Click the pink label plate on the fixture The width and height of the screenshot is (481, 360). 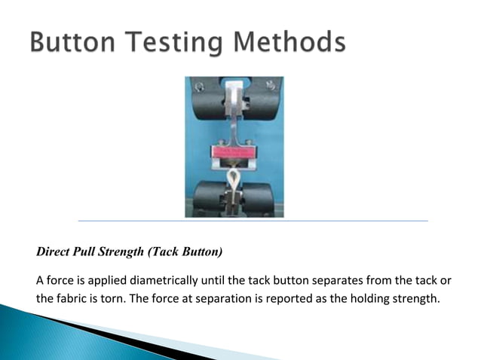tap(235, 152)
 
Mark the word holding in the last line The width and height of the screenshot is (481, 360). tap(363, 299)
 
